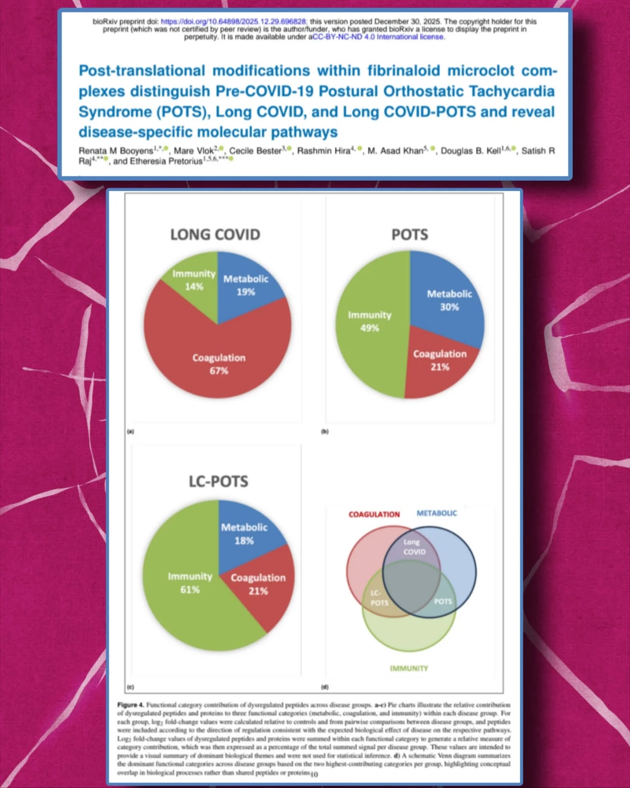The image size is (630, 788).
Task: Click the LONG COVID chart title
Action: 215,235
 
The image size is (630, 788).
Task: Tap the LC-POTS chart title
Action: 218,482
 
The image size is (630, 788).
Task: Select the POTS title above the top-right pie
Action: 409,235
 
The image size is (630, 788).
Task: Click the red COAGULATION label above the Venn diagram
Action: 374,514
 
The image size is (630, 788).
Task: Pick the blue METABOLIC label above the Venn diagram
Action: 437,513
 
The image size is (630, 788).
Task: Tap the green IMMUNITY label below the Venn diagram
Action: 409,668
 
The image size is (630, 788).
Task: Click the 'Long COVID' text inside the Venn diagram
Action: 413,547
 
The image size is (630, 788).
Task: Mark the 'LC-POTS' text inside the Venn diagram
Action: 379,598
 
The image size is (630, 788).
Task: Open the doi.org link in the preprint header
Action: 234,21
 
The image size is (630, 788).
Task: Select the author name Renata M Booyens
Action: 116,151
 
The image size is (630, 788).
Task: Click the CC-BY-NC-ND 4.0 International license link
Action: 378,37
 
